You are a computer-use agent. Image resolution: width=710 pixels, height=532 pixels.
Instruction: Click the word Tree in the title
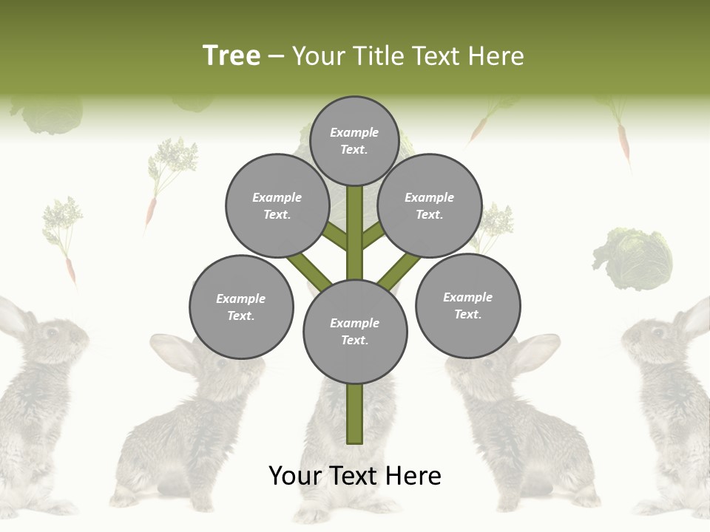click(231, 55)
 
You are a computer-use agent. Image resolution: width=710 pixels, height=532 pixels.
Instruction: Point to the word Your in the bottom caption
click(295, 476)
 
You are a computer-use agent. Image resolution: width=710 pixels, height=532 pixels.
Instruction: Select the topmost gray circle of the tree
click(354, 140)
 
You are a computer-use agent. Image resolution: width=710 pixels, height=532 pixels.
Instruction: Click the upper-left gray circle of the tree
click(277, 205)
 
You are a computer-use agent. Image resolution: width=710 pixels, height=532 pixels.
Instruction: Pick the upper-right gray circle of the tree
click(430, 205)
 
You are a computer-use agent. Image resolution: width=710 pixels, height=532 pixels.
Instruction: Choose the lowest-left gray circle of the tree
click(241, 307)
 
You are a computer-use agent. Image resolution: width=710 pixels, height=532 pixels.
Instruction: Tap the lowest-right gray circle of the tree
click(467, 305)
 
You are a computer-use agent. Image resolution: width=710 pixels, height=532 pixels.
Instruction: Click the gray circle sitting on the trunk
click(355, 331)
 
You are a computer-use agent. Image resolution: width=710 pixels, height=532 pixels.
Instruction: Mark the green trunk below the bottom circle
click(355, 414)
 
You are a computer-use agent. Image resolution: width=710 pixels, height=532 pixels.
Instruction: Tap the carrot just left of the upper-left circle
click(151, 210)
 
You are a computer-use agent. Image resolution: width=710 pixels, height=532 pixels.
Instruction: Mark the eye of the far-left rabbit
click(53, 332)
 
